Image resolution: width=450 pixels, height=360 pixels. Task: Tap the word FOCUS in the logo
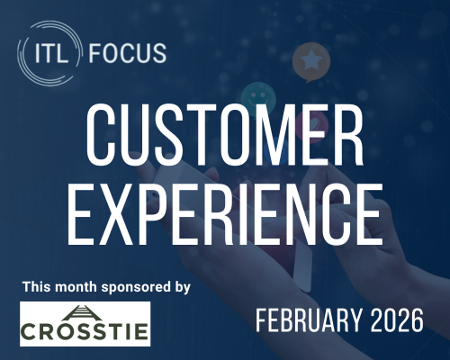(128, 52)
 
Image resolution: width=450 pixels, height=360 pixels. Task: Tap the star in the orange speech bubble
(312, 59)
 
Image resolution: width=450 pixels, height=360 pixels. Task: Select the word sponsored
(130, 286)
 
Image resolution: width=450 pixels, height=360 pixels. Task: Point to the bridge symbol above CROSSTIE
(85, 312)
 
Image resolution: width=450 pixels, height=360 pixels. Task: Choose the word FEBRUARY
(302, 321)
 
